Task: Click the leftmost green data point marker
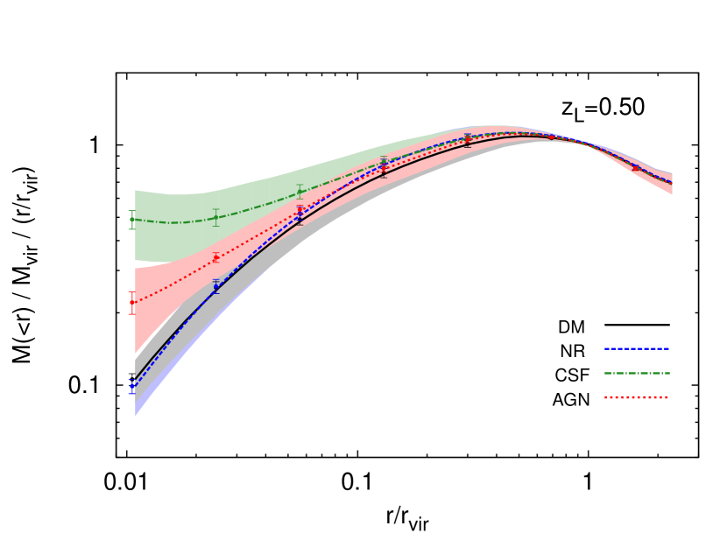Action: pyautogui.click(x=132, y=220)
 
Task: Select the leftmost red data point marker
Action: pyautogui.click(x=132, y=302)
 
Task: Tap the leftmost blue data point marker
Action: pyautogui.click(x=132, y=386)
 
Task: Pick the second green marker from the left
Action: pyautogui.click(x=215, y=217)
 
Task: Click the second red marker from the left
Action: pyautogui.click(x=215, y=257)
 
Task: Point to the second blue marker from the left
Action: pyautogui.click(x=215, y=286)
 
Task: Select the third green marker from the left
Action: pyautogui.click(x=300, y=192)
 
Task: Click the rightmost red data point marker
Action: pyautogui.click(x=635, y=167)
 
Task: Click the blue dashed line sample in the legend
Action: pyautogui.click(x=636, y=348)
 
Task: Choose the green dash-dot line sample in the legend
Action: pyautogui.click(x=636, y=373)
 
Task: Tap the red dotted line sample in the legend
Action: pyautogui.click(x=636, y=397)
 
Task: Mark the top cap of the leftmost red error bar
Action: pyautogui.click(x=132, y=292)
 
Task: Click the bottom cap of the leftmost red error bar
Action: pyautogui.click(x=132, y=313)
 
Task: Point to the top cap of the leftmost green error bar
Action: pyautogui.click(x=132, y=211)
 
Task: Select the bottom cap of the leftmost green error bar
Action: pyautogui.click(x=132, y=228)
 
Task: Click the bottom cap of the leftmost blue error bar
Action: pyautogui.click(x=132, y=394)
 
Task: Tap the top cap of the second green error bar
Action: pyautogui.click(x=215, y=209)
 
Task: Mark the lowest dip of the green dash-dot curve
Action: pyautogui.click(x=173, y=222)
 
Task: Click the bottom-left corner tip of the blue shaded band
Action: pyautogui.click(x=135, y=417)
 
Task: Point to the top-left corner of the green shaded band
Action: pyautogui.click(x=135, y=190)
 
